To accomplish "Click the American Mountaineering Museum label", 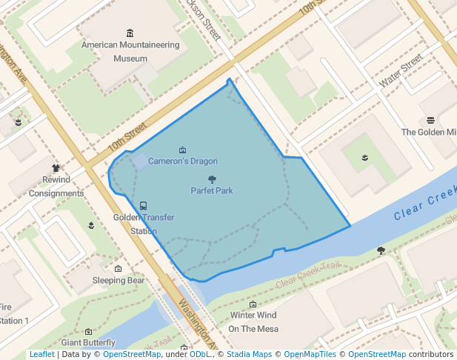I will tap(130, 51).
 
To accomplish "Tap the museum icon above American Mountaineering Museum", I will tap(130, 33).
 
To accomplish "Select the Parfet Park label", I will tap(212, 190).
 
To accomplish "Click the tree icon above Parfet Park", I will tap(212, 179).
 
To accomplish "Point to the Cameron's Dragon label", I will tap(183, 161).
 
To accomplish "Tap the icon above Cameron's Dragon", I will tap(183, 150).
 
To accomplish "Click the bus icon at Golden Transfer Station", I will tap(143, 206).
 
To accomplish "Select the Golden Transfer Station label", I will tap(135, 224).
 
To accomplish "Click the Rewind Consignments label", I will tap(56, 187).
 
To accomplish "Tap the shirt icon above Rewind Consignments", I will tap(56, 169).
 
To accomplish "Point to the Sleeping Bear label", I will tap(119, 281).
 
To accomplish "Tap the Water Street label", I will tap(400, 70).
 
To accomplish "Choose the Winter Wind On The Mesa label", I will tap(253, 322).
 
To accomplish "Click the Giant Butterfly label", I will tap(88, 342).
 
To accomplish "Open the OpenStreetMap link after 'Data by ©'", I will tap(132, 354).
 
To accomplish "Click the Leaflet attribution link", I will tap(41, 354).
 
